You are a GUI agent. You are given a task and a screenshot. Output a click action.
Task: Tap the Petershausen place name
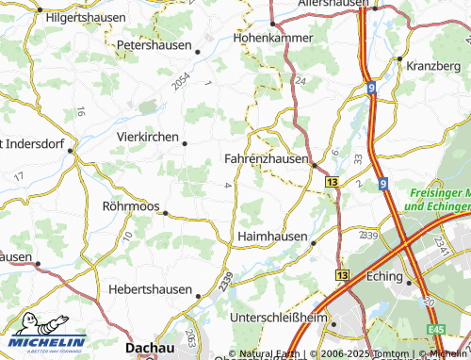[153, 44]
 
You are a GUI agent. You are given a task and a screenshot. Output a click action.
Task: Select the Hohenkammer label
[271, 40]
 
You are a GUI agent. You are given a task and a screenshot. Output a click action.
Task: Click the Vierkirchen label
[148, 137]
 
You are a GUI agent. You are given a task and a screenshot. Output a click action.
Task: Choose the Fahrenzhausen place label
[267, 159]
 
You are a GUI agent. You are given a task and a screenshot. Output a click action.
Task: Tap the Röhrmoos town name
[130, 205]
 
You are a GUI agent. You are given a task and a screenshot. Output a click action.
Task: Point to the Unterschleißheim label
[282, 317]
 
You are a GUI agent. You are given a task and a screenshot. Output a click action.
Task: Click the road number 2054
[181, 81]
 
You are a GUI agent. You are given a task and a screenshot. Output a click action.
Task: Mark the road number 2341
[439, 246]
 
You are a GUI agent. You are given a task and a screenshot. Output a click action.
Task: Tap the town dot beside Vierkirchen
[185, 143]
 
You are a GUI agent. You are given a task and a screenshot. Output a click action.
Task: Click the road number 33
[357, 161]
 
